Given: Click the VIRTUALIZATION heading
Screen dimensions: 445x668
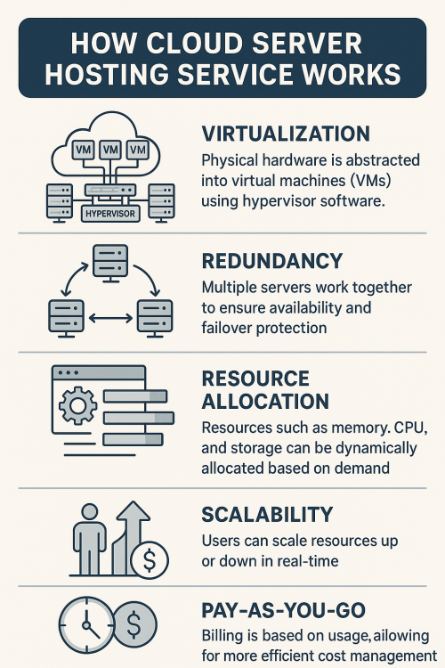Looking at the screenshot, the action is point(286,134).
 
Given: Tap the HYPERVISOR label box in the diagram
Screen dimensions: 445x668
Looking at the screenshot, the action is point(110,214).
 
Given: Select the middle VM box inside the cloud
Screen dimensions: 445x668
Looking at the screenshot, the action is point(110,150).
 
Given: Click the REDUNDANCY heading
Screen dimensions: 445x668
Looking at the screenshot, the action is point(272,261).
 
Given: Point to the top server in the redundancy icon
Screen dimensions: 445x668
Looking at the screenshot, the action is point(110,264).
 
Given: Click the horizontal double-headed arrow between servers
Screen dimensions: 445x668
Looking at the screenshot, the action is point(110,318).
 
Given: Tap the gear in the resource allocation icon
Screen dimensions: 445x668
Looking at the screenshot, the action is point(77,405).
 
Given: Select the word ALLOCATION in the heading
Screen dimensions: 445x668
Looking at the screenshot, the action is point(265,402).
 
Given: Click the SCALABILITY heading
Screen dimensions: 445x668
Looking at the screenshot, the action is point(267,515).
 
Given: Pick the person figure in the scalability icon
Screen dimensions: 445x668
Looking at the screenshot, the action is point(89,539).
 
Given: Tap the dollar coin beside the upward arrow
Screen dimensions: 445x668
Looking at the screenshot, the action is point(150,560).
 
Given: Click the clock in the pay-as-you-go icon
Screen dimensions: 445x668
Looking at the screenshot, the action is point(87,625).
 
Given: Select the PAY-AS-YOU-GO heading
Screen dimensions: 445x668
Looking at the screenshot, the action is point(284,610).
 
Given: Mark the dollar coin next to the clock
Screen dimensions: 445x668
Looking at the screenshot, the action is point(134,624).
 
